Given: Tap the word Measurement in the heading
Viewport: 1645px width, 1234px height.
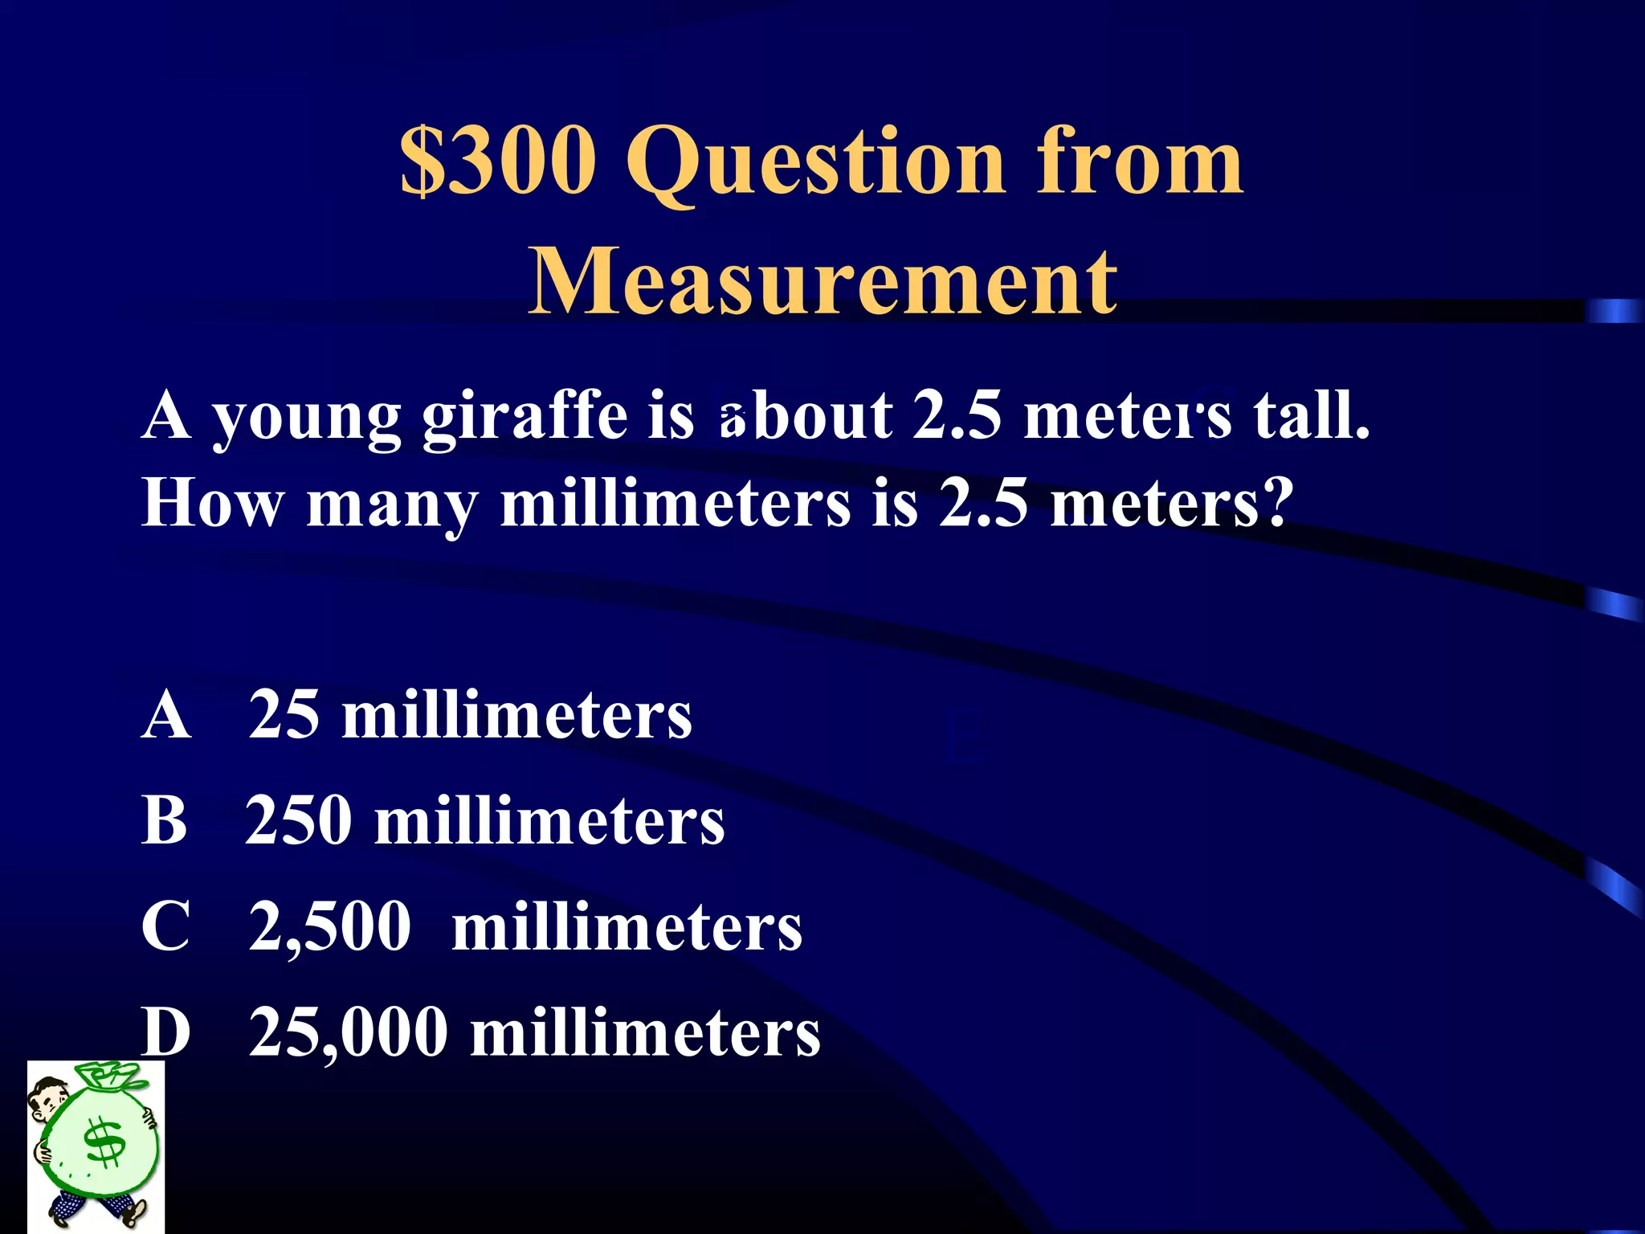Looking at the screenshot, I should (822, 281).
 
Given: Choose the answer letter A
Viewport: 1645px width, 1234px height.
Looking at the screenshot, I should (166, 714).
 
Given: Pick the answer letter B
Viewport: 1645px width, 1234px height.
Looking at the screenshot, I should (165, 820).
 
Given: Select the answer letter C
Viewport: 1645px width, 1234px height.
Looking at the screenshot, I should (166, 925).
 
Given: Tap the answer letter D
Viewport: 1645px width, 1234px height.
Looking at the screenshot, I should (166, 1032).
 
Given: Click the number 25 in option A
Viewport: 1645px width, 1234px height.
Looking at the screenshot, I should (284, 714).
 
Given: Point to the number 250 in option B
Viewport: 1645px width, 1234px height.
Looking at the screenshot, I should (299, 820).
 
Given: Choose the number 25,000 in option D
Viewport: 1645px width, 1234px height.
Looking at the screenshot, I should (348, 1033).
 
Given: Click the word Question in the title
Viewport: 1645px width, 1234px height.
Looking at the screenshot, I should (815, 163).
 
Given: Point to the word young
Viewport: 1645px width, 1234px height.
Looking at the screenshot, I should (306, 419).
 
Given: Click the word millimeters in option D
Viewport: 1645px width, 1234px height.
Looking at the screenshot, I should (645, 1033).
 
